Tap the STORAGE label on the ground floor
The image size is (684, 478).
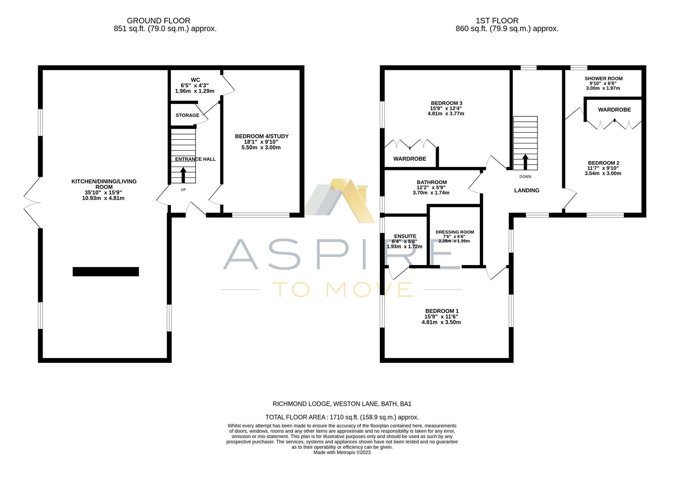point(187,116)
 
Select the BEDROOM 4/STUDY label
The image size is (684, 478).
point(261,136)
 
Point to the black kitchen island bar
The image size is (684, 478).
point(106,272)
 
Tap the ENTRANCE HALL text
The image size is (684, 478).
point(195,159)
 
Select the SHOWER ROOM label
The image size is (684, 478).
point(603,79)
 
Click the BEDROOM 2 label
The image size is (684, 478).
point(603,163)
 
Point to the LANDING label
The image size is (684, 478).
point(526,190)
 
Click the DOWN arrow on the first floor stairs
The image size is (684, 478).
point(525,162)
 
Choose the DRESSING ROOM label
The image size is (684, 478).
point(455,232)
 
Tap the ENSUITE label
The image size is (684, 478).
point(405,236)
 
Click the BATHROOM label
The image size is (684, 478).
point(431,182)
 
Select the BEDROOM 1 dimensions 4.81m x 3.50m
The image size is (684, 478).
point(441,322)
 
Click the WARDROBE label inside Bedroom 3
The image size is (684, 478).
point(410,158)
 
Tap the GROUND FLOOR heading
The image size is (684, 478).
point(158,21)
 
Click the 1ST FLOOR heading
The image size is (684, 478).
point(497,21)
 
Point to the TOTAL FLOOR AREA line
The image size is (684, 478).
point(342,417)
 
